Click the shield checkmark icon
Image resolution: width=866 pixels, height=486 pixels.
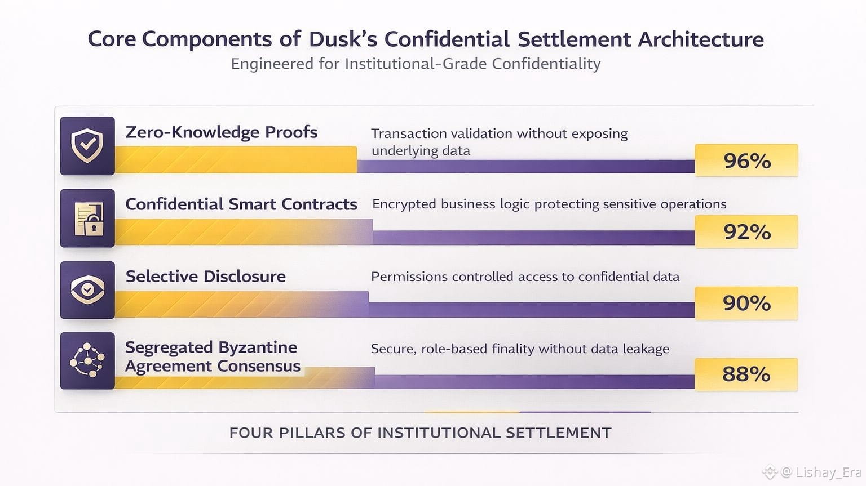point(87,146)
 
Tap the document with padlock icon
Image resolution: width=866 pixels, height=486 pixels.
point(87,219)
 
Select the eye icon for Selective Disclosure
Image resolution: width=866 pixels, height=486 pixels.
point(87,290)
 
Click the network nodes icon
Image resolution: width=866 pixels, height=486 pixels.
point(87,361)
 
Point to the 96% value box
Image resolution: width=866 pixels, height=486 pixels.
point(746,160)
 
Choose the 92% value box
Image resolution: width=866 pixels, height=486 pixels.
point(746,231)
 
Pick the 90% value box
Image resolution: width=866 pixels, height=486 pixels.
point(746,303)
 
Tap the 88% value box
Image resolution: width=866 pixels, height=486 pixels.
point(746,374)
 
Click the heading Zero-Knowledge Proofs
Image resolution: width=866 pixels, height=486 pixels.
point(221,132)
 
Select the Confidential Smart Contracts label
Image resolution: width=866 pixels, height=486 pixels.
point(241,204)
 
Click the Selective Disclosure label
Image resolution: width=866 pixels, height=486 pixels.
point(205,276)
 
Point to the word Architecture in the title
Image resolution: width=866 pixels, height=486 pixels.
point(701,39)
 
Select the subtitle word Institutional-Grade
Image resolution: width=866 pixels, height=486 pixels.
point(416,64)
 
